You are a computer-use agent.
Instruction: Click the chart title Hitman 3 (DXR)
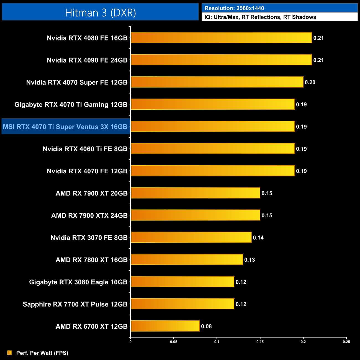tap(100, 13)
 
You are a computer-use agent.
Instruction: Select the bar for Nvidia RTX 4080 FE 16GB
tap(221, 38)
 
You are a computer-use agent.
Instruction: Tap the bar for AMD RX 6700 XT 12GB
tap(165, 326)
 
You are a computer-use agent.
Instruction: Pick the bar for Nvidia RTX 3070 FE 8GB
tap(191, 237)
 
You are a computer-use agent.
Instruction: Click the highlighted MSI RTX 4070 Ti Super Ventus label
tap(65, 127)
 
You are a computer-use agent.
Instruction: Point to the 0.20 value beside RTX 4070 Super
tap(310, 82)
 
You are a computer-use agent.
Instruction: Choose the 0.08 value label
tap(206, 326)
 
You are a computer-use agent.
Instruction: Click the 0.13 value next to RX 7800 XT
tap(250, 260)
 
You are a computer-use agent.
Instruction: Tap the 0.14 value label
tap(258, 238)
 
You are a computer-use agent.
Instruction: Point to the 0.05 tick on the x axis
tap(174, 342)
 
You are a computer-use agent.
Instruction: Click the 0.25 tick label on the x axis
tap(346, 342)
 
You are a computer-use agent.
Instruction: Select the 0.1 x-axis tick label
tap(217, 342)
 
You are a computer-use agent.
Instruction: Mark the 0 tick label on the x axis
tap(130, 342)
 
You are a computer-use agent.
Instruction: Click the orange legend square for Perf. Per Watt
tap(10, 353)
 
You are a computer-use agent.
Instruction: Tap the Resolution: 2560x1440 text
tap(234, 8)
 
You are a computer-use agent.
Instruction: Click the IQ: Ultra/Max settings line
tap(260, 17)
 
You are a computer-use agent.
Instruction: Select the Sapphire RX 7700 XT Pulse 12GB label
tap(75, 304)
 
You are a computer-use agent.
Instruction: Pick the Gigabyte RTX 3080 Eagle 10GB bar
tap(182, 282)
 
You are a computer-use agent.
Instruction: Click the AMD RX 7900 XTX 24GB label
tap(89, 215)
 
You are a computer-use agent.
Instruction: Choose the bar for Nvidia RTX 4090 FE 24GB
tap(221, 60)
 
